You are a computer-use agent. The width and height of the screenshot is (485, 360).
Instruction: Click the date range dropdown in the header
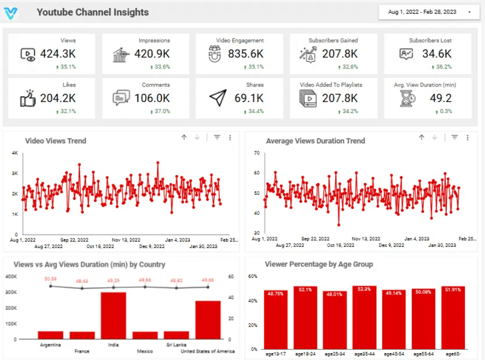pyautogui.click(x=429, y=12)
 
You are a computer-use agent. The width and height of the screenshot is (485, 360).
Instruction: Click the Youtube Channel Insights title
pyautogui.click(x=92, y=12)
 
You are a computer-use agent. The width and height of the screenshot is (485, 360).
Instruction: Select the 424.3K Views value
pyautogui.click(x=58, y=54)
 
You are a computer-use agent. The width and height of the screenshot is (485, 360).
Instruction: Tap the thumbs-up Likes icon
pyautogui.click(x=28, y=98)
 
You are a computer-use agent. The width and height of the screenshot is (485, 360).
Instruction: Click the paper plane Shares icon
pyautogui.click(x=218, y=98)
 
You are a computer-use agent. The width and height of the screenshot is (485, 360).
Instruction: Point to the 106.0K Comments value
pyautogui.click(x=152, y=98)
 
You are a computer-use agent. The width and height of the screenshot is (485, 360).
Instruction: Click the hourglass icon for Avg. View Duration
pyautogui.click(x=408, y=98)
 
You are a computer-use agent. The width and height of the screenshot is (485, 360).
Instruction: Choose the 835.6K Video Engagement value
pyautogui.click(x=246, y=54)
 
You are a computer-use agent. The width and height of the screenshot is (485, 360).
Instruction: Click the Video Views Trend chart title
pyautogui.click(x=56, y=141)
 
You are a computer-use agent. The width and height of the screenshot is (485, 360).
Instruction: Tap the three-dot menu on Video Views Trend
pyautogui.click(x=230, y=138)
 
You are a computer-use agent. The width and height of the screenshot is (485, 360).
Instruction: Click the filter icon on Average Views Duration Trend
pyautogui.click(x=454, y=138)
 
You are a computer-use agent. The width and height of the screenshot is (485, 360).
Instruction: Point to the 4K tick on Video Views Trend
pyautogui.click(x=15, y=153)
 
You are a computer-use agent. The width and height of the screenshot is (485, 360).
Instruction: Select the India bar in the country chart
pyautogui.click(x=113, y=315)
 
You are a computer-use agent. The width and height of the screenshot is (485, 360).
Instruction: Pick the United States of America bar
pyautogui.click(x=207, y=320)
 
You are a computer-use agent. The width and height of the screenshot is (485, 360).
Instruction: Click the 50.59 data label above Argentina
pyautogui.click(x=50, y=279)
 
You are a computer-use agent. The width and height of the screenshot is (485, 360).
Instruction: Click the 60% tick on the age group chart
pyautogui.click(x=253, y=277)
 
